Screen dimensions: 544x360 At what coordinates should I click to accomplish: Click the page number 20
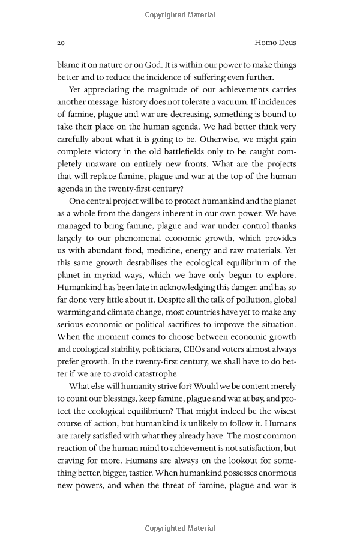(x=61, y=43)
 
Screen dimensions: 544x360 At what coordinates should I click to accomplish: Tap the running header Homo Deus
(x=275, y=43)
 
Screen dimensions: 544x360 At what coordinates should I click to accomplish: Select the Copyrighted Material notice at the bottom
(x=180, y=528)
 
